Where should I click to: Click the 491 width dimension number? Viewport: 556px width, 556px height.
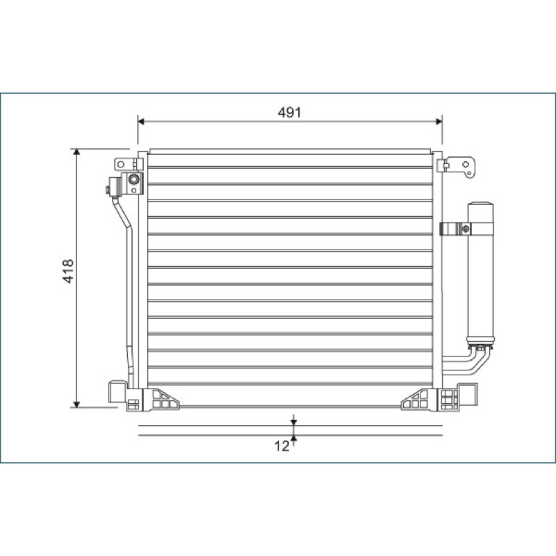click(x=289, y=113)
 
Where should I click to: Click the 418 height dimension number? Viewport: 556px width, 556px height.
click(x=68, y=271)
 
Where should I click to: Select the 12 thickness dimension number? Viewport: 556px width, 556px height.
click(x=282, y=446)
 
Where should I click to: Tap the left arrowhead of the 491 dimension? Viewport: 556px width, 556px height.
click(x=141, y=122)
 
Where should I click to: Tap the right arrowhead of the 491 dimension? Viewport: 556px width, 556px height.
click(x=439, y=122)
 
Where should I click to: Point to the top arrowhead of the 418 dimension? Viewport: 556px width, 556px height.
click(x=76, y=152)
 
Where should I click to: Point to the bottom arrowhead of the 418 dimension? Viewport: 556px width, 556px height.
click(x=76, y=404)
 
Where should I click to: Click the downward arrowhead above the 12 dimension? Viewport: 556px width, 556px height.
click(x=293, y=423)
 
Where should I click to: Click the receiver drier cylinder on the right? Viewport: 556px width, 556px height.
click(x=480, y=273)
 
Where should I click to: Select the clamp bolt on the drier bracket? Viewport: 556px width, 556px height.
click(x=466, y=229)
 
